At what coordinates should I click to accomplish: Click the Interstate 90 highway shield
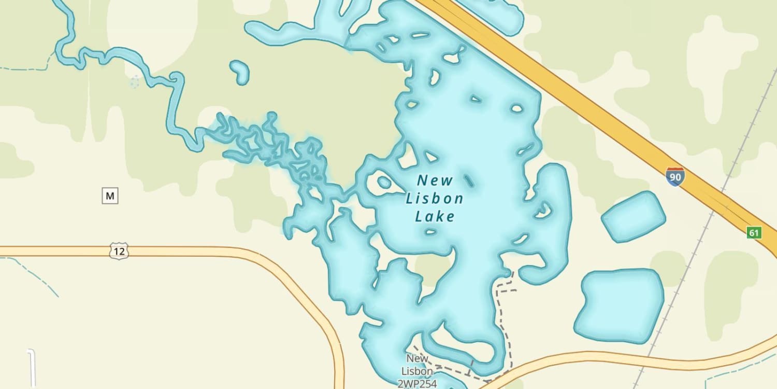click(675, 177)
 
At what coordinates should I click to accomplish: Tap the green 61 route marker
click(754, 232)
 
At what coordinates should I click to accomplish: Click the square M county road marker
click(110, 196)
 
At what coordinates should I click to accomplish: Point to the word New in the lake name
click(435, 180)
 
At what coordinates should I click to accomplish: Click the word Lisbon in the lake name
click(434, 199)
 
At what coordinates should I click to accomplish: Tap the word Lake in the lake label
click(435, 216)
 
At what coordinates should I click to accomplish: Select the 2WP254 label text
click(418, 384)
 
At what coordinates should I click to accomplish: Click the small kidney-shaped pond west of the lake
click(240, 72)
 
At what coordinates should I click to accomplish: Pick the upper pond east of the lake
click(633, 217)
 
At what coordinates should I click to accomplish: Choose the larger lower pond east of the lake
click(619, 305)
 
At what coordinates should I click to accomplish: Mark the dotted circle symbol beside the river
click(135, 82)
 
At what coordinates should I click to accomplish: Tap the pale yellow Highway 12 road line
click(207, 252)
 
